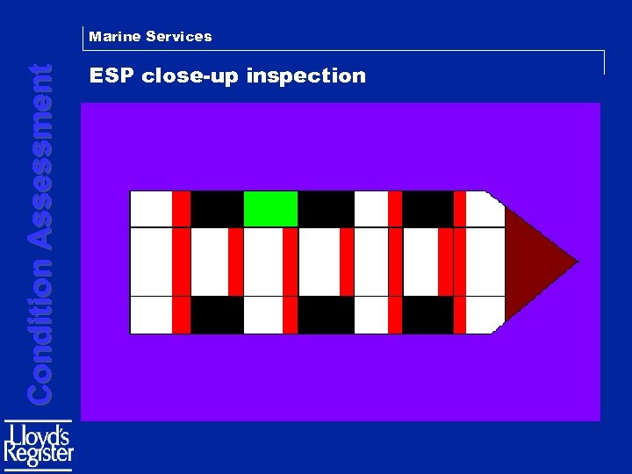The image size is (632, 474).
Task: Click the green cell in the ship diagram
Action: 270,209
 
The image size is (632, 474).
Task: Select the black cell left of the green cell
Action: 216,209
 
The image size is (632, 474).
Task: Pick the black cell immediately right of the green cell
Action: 326,209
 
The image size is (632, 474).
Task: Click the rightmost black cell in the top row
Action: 427,209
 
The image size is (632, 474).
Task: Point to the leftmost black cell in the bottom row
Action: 216,315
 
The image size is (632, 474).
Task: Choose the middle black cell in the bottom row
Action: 326,315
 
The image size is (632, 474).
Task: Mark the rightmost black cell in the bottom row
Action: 427,315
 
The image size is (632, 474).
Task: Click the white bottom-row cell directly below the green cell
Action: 263,315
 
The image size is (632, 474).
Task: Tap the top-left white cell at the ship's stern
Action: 151,209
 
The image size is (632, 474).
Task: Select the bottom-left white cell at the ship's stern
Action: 151,315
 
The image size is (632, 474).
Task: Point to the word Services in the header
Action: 179,37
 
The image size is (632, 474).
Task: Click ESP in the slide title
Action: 112,75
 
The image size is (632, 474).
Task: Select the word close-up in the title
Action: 191,76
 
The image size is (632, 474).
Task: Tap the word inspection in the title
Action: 306,76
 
